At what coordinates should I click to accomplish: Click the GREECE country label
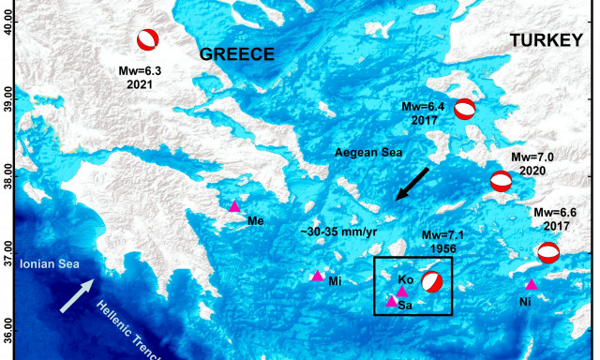click(x=237, y=54)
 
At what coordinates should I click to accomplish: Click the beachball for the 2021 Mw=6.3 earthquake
click(x=147, y=39)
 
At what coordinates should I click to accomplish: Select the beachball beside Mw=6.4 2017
click(x=465, y=110)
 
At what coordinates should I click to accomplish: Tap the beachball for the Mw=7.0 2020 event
click(x=502, y=181)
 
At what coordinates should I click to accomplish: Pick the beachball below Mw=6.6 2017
click(x=548, y=252)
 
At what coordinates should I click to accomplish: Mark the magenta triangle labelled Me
click(x=235, y=206)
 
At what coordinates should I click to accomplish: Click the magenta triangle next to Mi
click(x=317, y=276)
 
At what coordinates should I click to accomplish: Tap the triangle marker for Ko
click(x=402, y=292)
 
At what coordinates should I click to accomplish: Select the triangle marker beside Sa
click(x=392, y=301)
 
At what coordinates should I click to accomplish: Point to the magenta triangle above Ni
click(x=532, y=284)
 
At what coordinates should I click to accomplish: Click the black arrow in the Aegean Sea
click(x=411, y=183)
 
